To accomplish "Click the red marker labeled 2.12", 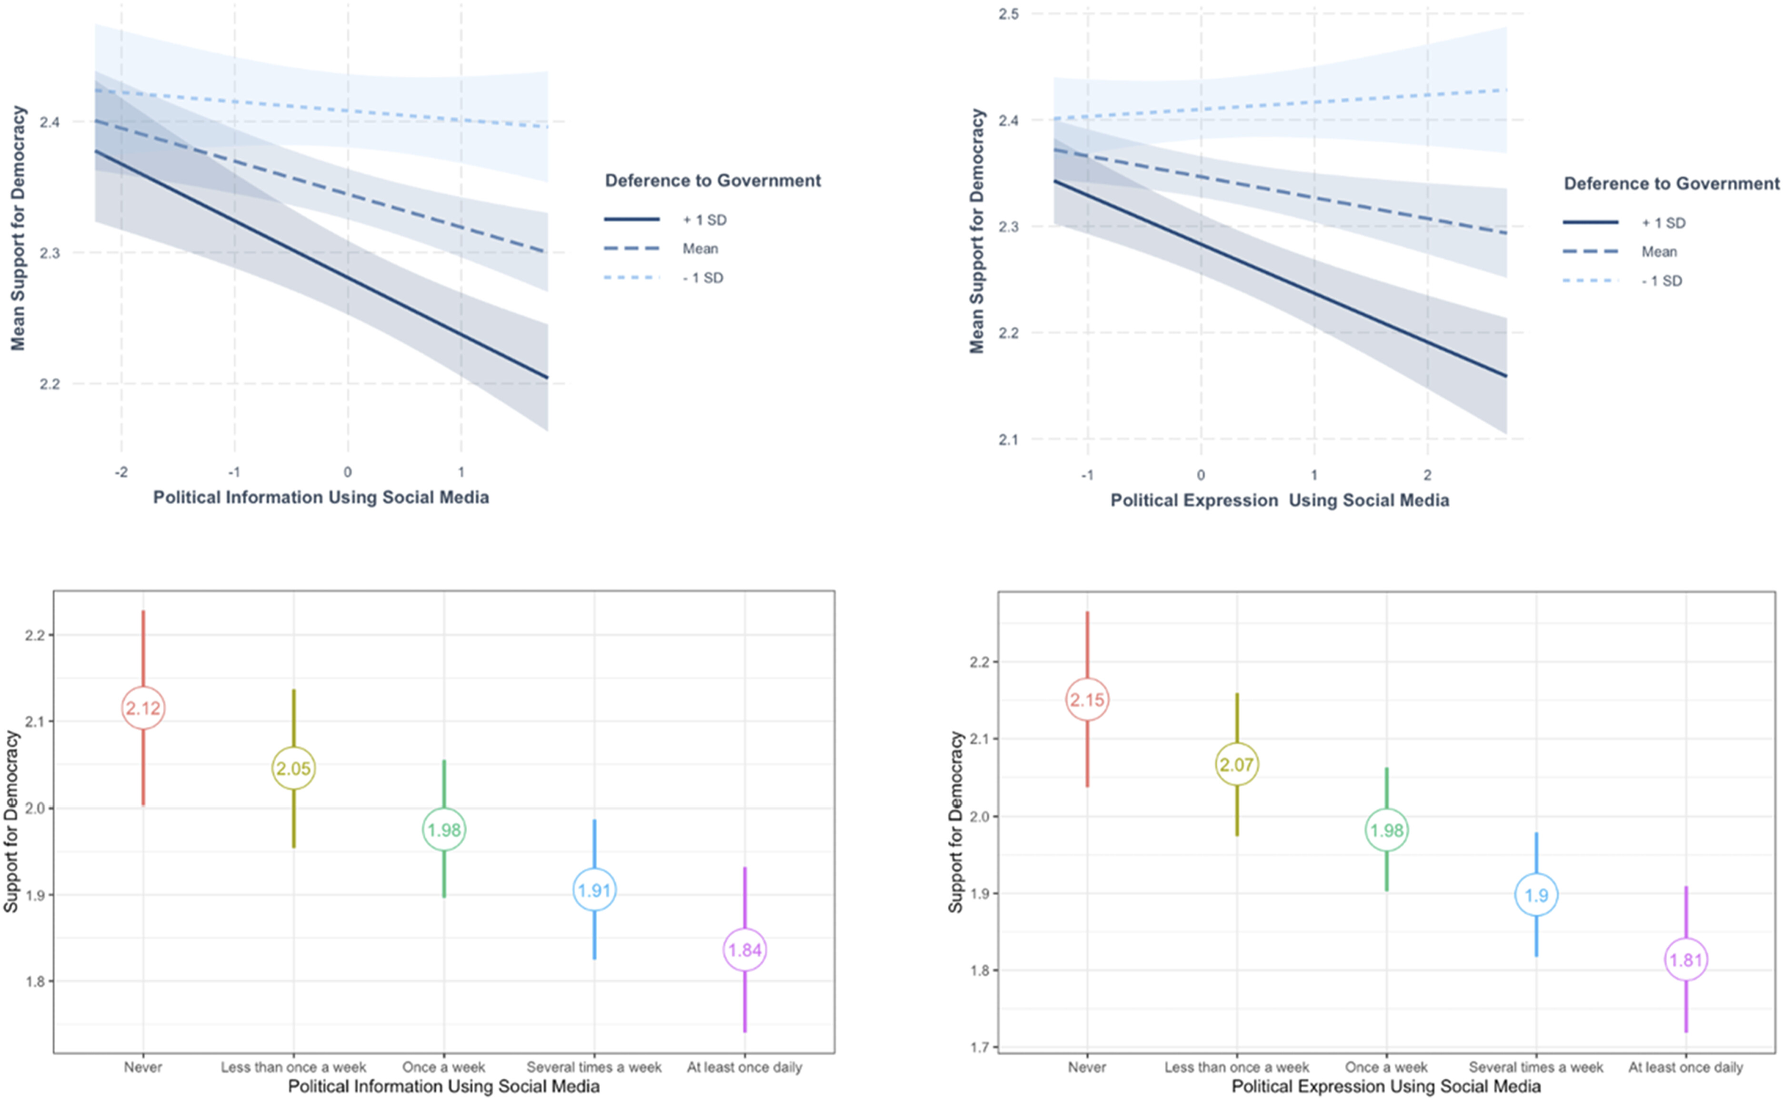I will (143, 708).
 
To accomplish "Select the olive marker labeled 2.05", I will (294, 768).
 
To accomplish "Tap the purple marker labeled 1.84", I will (745, 950).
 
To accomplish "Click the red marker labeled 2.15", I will (1087, 700).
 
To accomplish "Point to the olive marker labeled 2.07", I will (1237, 765).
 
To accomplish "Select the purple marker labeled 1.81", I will (1686, 960).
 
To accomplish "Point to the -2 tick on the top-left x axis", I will (121, 472).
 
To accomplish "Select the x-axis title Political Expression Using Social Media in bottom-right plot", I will (1385, 1087).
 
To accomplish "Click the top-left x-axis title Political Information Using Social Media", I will (321, 498).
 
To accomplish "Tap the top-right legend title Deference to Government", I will (1671, 183).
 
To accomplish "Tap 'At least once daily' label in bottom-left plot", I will (744, 1067).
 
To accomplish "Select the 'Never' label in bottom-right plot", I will (1087, 1067).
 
